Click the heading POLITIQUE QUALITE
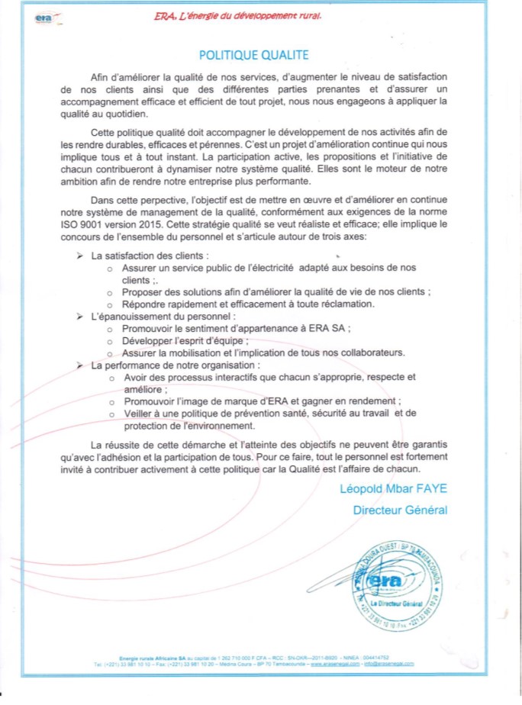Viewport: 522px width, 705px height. [253, 55]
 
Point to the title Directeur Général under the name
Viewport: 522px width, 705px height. [400, 510]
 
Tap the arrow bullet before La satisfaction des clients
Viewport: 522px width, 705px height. [80, 255]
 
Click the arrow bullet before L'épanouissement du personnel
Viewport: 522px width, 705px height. [80, 315]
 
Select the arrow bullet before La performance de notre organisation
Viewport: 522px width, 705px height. [80, 365]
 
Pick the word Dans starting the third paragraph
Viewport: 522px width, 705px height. [103, 200]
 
